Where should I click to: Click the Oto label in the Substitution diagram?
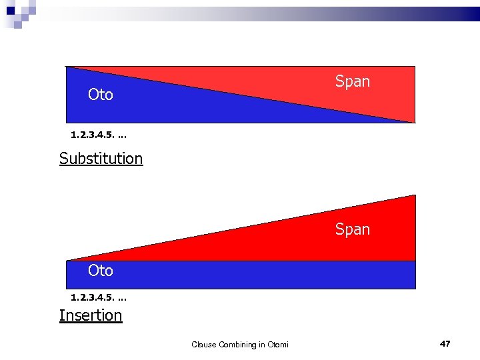click(101, 95)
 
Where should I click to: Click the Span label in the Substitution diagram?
click(352, 81)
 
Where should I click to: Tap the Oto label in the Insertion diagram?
click(101, 271)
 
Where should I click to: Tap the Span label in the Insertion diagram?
click(352, 229)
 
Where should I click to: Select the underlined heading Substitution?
click(101, 159)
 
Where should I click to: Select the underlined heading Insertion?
click(91, 315)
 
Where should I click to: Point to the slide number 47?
click(445, 343)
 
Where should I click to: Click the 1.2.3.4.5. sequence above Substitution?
click(99, 135)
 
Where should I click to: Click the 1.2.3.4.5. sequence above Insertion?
click(99, 297)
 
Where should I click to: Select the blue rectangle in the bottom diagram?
click(240, 275)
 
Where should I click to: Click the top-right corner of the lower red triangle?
click(414, 196)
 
